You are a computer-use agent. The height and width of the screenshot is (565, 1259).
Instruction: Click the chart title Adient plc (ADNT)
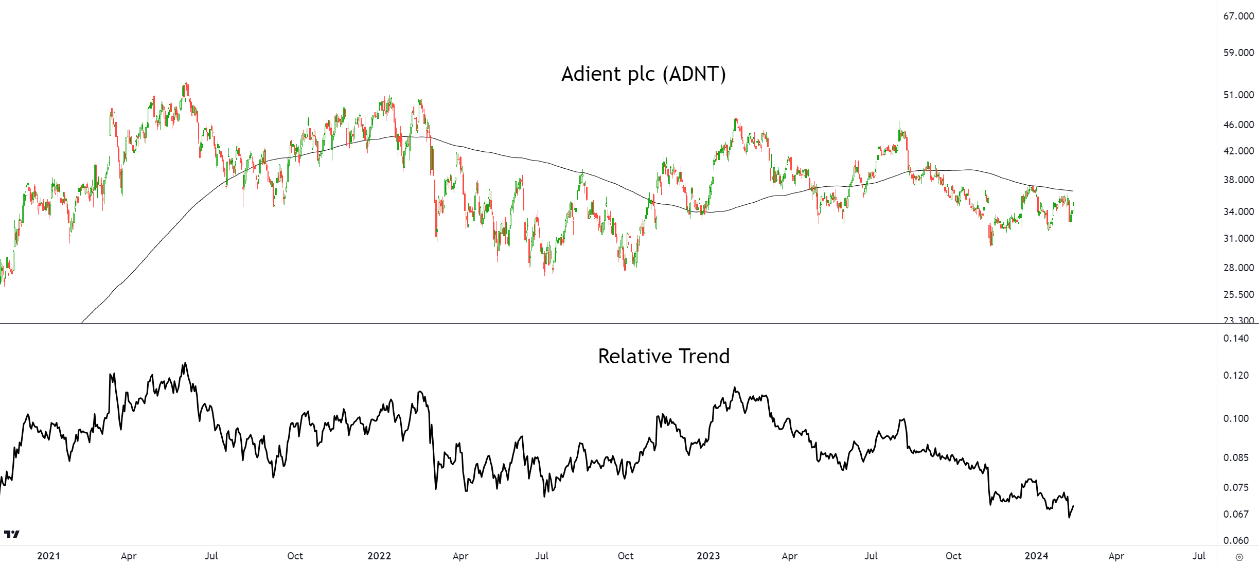pos(643,74)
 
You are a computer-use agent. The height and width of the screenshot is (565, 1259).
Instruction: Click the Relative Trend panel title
pos(663,356)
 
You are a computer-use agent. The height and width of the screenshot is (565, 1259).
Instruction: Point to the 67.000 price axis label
pos(1238,16)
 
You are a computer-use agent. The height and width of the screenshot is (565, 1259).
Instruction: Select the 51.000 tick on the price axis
pos(1238,95)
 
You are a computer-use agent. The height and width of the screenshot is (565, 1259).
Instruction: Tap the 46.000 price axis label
pos(1238,125)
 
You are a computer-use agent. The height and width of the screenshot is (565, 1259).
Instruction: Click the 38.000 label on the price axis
pos(1238,180)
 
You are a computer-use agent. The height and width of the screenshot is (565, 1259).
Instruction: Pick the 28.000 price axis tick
pos(1238,268)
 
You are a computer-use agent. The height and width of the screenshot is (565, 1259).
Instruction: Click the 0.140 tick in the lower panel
pos(1236,338)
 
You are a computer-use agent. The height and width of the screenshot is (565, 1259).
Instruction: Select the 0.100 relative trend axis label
pos(1236,418)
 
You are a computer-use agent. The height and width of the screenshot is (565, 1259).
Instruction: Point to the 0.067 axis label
pos(1236,514)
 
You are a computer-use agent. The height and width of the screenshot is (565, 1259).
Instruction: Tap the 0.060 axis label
pos(1236,540)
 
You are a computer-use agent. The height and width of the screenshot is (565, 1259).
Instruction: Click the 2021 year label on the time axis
pos(48,556)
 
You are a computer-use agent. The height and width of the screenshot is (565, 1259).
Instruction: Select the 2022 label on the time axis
pos(379,556)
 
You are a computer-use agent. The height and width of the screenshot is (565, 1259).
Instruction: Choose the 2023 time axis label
pos(708,556)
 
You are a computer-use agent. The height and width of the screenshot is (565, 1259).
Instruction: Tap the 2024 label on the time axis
pos(1036,556)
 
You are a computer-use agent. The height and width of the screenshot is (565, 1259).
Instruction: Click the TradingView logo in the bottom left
pos(11,535)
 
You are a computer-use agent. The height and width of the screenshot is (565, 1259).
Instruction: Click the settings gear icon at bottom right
pos(1239,557)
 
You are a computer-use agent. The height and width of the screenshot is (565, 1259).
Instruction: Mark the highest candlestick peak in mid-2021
pos(186,84)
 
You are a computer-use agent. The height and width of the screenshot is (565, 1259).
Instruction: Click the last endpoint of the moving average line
pos(1073,191)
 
